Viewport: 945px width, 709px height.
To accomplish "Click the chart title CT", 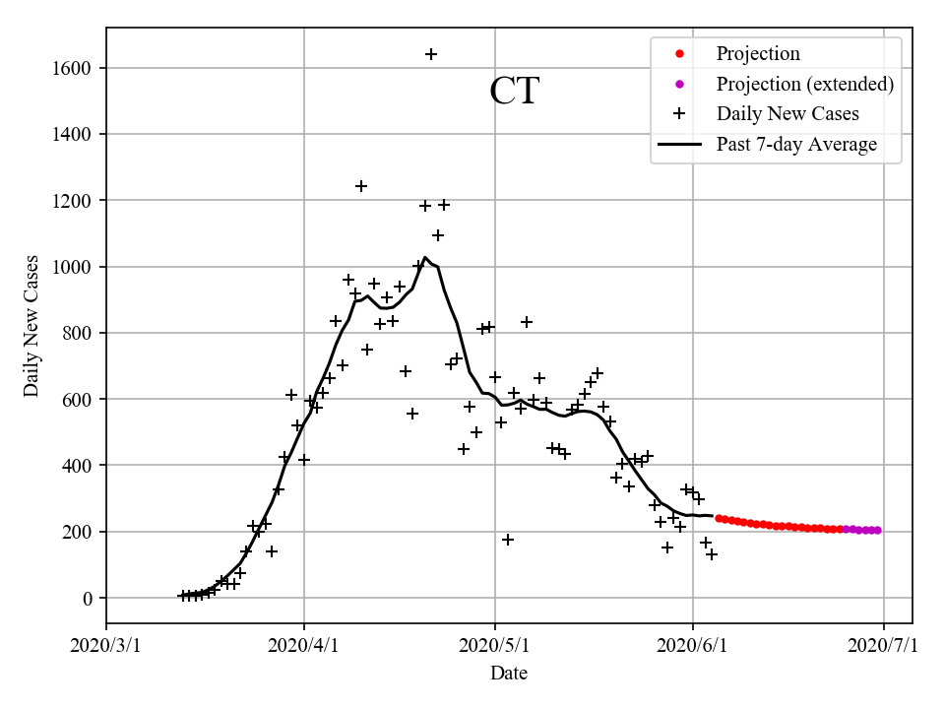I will pos(514,92).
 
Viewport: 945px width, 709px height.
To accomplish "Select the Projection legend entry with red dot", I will pos(758,54).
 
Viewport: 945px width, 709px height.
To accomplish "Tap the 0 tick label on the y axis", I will pos(88,599).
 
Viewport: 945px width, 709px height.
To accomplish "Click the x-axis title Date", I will pos(509,674).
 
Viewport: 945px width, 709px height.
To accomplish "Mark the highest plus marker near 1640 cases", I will pos(431,54).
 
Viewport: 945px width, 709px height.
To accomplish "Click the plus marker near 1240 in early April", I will pos(361,186).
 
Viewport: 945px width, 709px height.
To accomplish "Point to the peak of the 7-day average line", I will pos(425,258).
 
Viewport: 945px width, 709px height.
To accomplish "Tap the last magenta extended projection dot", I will pos(877,531).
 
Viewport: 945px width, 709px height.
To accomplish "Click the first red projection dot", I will pos(719,518).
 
